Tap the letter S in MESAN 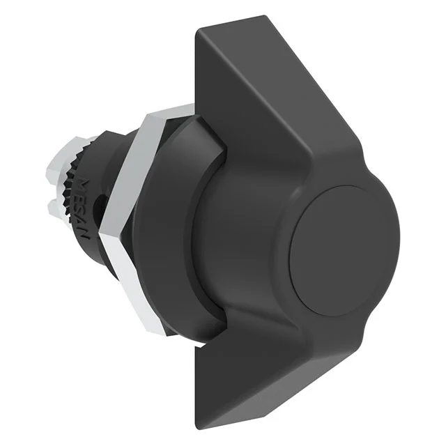point(83,210)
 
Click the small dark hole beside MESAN point(102,204)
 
